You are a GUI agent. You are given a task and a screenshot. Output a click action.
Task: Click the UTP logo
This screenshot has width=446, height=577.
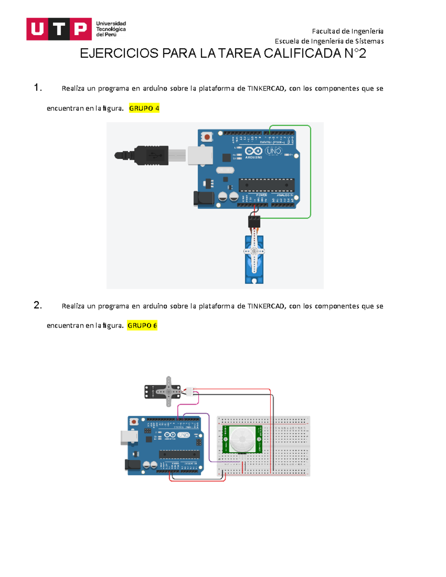59,29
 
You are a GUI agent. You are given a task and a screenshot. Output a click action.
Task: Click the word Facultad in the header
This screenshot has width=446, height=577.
325,31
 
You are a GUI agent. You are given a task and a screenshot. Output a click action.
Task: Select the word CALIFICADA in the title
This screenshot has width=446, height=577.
303,54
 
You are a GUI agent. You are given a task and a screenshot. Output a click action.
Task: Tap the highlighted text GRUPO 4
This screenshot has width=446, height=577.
144,108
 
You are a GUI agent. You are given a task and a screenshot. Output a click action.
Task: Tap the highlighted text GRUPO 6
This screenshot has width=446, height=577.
142,325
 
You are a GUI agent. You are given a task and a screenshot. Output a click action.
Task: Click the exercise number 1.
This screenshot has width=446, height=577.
37,88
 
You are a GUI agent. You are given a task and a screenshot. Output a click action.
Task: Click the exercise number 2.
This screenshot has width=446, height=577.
37,305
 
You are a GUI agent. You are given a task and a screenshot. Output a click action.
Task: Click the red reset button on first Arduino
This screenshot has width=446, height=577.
207,137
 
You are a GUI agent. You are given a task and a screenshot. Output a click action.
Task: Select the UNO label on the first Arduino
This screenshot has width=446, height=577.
274,151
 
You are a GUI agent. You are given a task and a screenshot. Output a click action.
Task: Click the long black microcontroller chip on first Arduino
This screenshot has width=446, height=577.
266,185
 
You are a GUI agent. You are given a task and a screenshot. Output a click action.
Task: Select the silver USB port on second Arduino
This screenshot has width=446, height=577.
129,438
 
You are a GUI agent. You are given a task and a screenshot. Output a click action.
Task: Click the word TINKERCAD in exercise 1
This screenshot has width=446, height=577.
266,88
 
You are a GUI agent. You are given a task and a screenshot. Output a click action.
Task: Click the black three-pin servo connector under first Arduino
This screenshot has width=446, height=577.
254,222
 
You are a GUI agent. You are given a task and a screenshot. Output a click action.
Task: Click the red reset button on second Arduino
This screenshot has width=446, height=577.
134,422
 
